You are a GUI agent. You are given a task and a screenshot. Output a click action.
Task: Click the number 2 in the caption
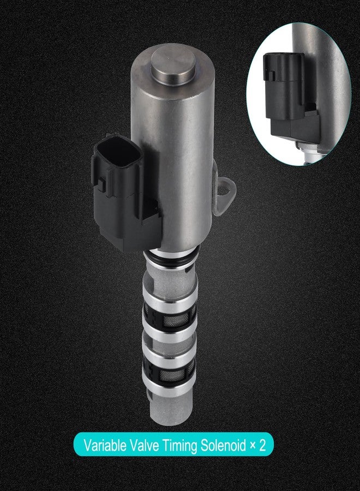(262, 445)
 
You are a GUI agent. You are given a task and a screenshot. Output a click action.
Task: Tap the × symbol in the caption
(253, 446)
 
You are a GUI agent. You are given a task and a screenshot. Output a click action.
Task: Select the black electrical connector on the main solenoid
(125, 192)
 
